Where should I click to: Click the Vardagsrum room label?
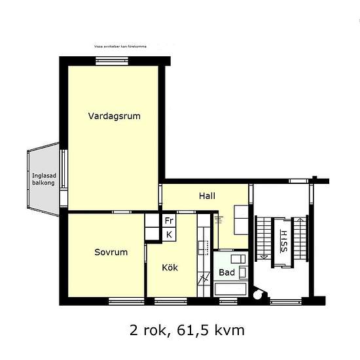pyautogui.click(x=115, y=116)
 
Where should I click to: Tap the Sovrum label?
pyautogui.click(x=111, y=251)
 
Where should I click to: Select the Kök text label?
pyautogui.click(x=170, y=268)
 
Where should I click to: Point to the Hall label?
pyautogui.click(x=207, y=196)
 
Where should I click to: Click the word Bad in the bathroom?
pyautogui.click(x=226, y=272)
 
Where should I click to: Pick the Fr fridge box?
pyautogui.click(x=169, y=221)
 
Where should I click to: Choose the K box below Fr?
pyautogui.click(x=169, y=234)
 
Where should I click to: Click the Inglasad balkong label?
pyautogui.click(x=43, y=179)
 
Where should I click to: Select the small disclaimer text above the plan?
pyautogui.click(x=120, y=47)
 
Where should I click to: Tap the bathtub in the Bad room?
pyautogui.click(x=230, y=289)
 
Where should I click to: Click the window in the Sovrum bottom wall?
pyautogui.click(x=126, y=301)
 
